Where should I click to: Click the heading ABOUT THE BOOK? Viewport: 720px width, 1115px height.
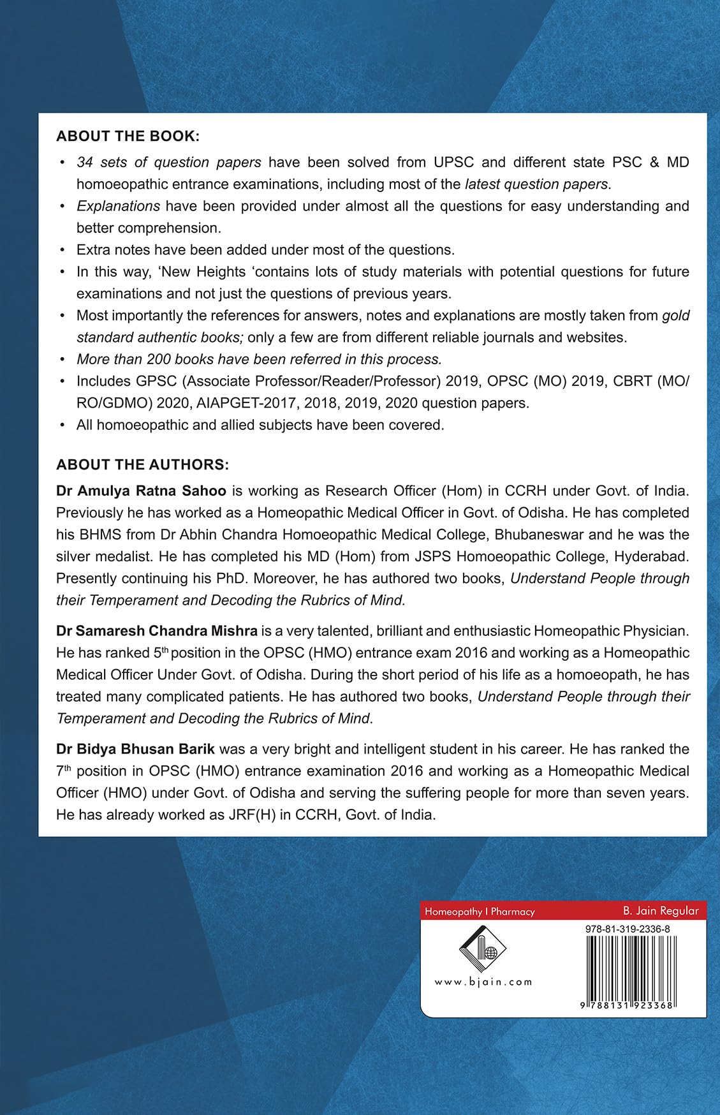pos(128,137)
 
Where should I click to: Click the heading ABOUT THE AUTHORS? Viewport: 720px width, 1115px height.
pos(142,464)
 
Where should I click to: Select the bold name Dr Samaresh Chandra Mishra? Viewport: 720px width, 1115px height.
pos(157,631)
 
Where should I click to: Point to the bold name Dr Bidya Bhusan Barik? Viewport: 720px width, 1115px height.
pos(135,748)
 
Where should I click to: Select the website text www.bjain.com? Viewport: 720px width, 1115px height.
pos(483,982)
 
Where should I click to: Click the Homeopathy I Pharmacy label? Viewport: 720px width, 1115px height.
pos(480,912)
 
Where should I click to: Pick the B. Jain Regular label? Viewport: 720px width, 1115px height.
pos(661,911)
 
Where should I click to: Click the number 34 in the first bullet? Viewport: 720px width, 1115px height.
pos(85,162)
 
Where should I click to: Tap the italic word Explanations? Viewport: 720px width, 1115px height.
pos(118,206)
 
